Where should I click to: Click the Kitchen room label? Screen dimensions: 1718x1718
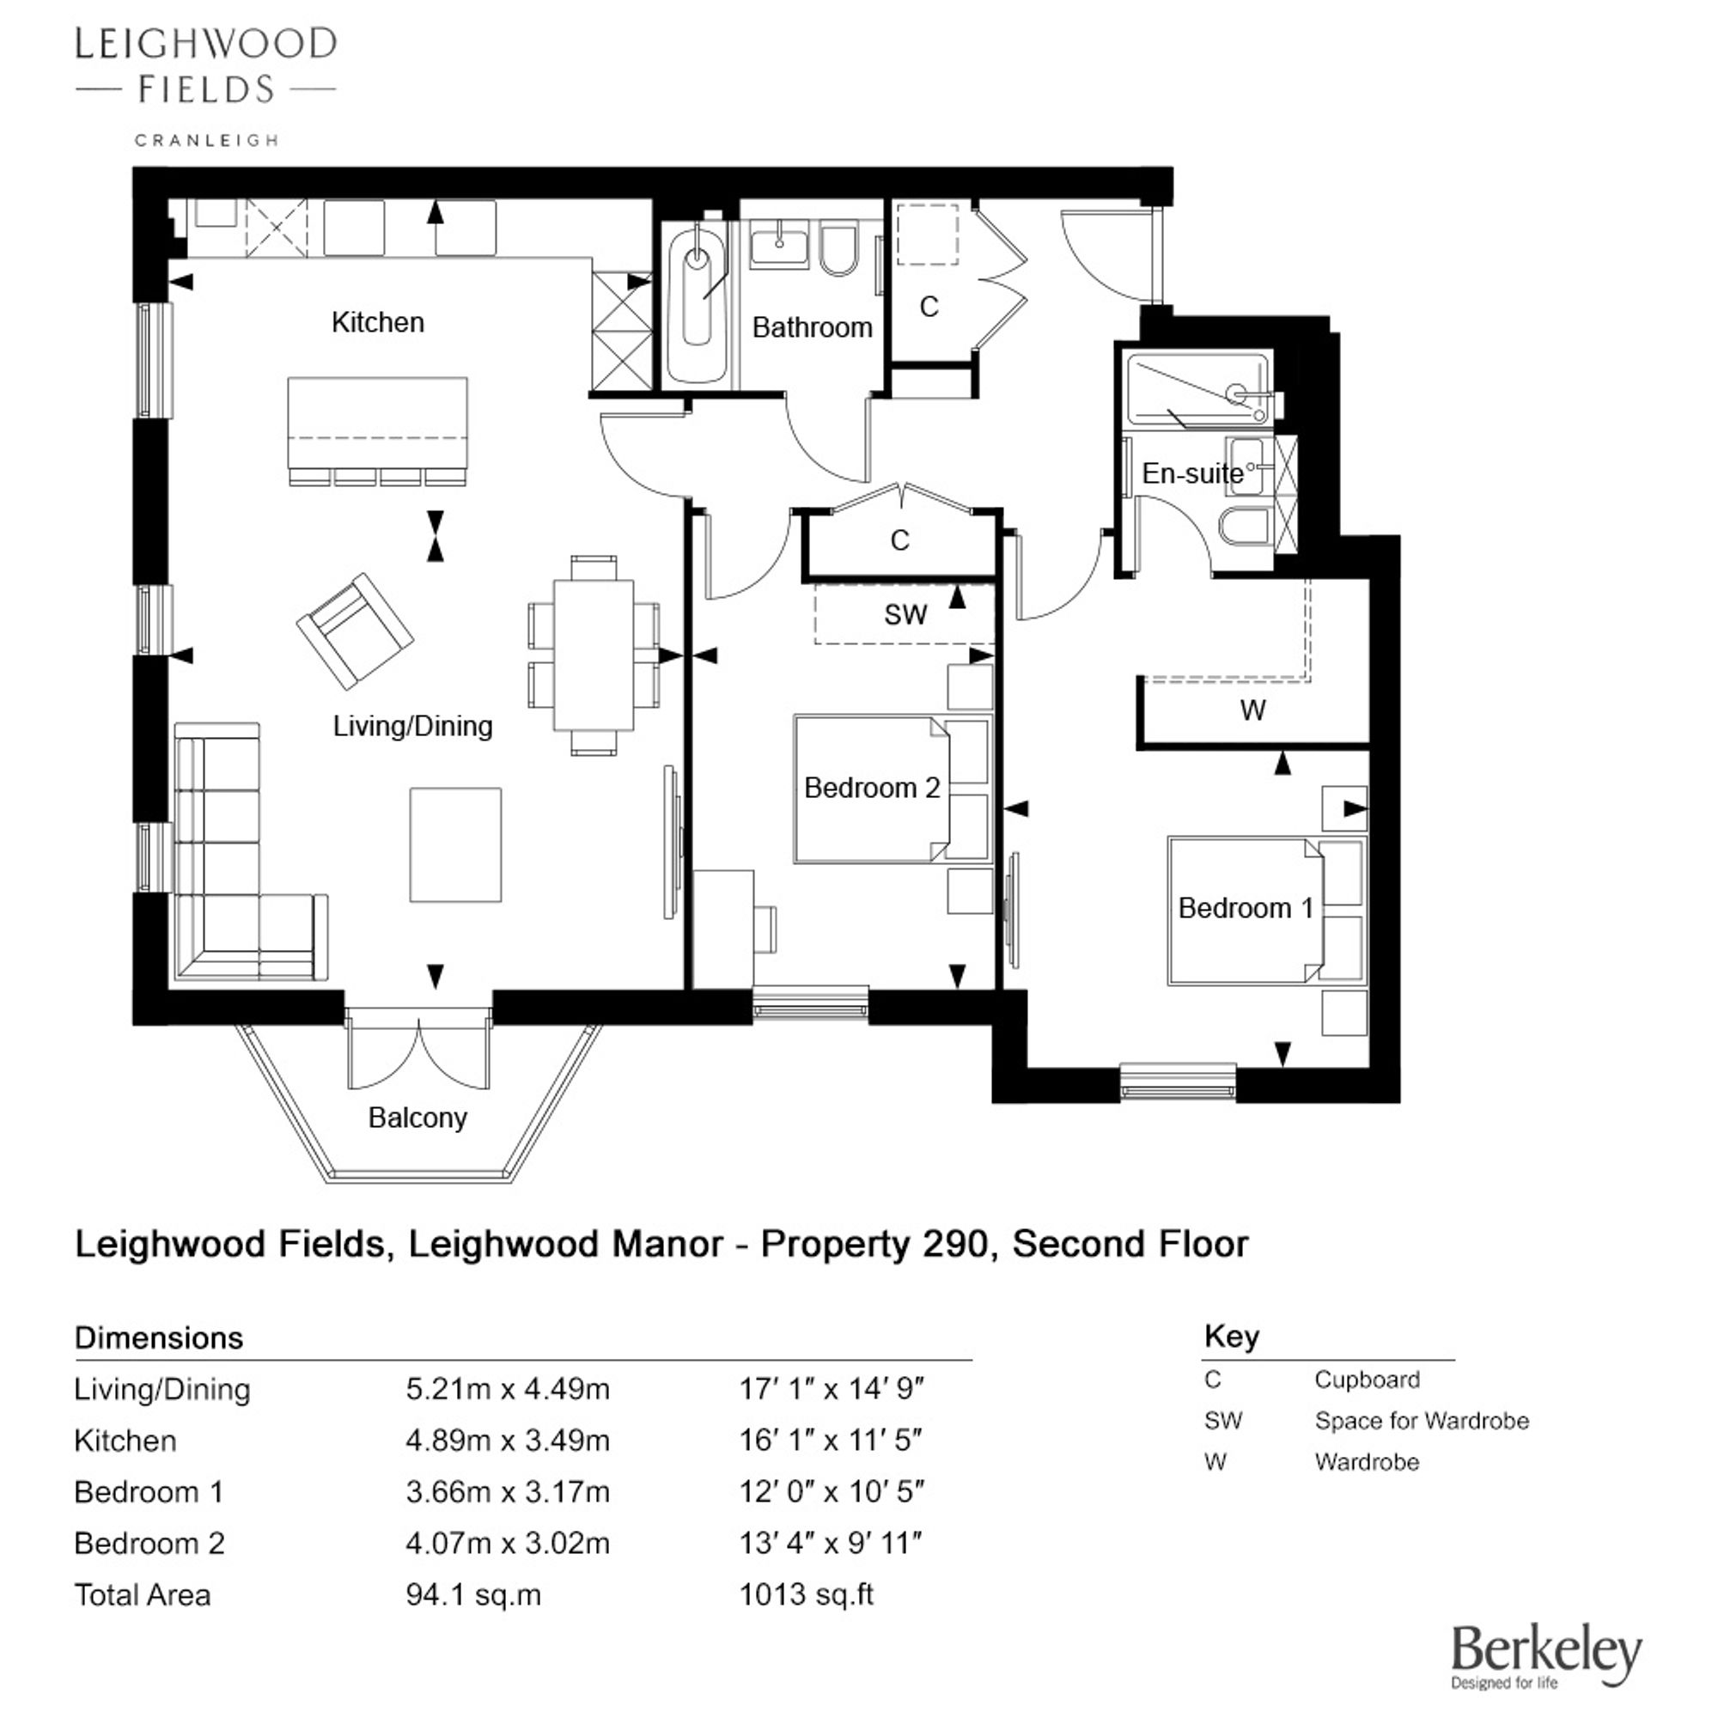(x=378, y=322)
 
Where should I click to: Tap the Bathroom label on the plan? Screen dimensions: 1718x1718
(x=812, y=327)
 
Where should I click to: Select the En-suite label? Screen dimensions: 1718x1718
(x=1192, y=473)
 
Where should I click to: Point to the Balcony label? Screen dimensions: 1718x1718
(x=418, y=1118)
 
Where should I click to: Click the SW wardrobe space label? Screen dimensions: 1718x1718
(x=905, y=614)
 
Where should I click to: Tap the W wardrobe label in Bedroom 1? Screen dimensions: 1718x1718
(x=1253, y=710)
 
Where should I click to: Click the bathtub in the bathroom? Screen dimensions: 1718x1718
(x=698, y=302)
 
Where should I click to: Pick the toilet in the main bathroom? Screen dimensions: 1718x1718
(x=838, y=251)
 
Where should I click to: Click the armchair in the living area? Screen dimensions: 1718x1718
(x=355, y=631)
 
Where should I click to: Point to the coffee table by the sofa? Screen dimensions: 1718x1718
(x=455, y=844)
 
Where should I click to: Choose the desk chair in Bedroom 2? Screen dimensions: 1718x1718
(x=765, y=929)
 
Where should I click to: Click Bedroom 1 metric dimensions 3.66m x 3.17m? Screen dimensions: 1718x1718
(x=508, y=1491)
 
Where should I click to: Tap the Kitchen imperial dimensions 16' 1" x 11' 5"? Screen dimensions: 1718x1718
(x=831, y=1440)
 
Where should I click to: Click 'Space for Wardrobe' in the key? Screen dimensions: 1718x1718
(x=1422, y=1421)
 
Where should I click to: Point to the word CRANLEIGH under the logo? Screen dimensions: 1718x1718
(x=206, y=140)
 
